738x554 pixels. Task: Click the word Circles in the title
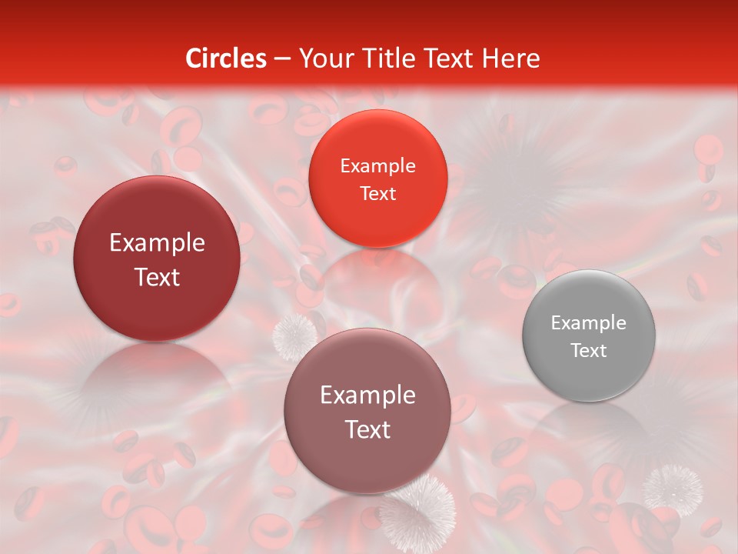[x=226, y=58]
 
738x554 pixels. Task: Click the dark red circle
[x=157, y=259]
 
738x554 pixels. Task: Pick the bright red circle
[x=377, y=179]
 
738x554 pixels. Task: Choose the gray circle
[x=589, y=335]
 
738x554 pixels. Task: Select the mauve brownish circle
[x=367, y=411]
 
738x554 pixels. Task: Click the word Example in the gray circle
[x=589, y=323]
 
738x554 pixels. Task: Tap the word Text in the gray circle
[x=589, y=351]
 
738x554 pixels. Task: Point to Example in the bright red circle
[x=377, y=166]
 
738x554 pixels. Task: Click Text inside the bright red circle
[x=377, y=194]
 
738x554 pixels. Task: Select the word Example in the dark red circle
[x=157, y=243]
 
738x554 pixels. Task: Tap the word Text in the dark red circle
[x=157, y=277]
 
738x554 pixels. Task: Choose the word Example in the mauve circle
[x=367, y=395]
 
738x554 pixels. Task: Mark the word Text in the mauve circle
[x=367, y=429]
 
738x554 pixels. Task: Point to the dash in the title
[x=282, y=59]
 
